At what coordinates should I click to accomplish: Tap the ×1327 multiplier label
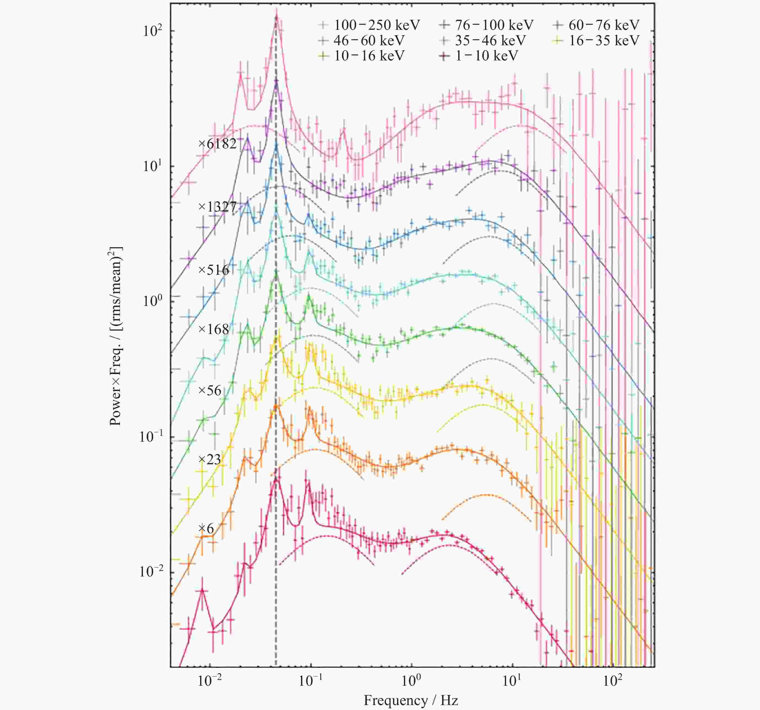(217, 207)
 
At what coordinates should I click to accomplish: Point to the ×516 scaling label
(213, 270)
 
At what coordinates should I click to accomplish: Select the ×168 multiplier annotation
(213, 329)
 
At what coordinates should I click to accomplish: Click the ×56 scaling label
(210, 390)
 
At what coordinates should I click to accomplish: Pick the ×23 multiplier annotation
(210, 459)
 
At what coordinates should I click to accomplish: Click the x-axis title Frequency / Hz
(411, 700)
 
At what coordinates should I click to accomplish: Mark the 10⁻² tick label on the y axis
(151, 572)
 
